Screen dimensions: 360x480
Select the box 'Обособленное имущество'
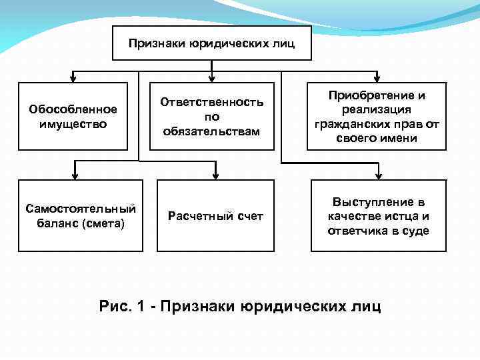pos(73,116)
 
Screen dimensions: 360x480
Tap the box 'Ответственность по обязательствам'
pos(211,116)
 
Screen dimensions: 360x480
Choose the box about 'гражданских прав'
pos(377,116)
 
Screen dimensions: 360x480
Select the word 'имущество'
pos(73,123)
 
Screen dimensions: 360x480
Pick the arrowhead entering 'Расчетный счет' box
pos(215,176)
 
